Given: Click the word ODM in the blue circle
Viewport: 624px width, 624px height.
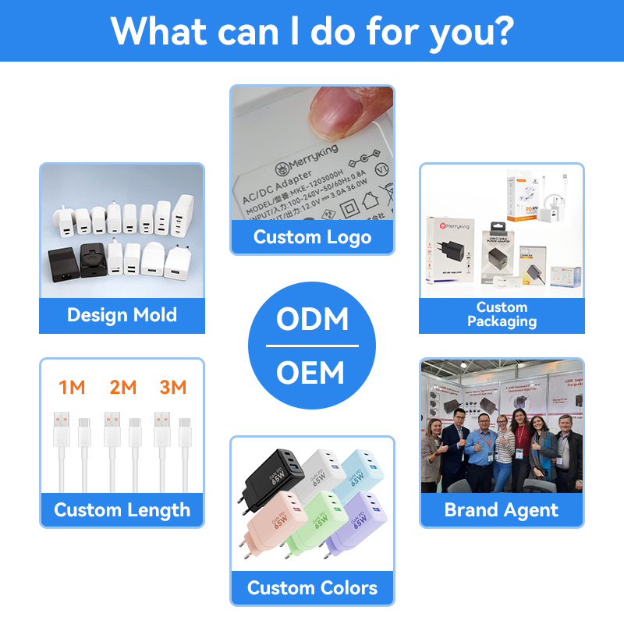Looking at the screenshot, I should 312,320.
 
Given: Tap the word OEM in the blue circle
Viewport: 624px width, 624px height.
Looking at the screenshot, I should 312,373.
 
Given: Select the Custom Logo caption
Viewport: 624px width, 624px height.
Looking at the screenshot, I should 312,237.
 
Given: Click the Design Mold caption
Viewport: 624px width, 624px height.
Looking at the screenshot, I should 122,315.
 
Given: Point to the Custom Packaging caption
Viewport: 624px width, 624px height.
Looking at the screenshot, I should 502,314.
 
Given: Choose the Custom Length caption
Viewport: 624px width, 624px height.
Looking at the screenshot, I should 122,510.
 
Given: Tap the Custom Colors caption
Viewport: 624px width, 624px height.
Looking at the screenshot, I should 312,588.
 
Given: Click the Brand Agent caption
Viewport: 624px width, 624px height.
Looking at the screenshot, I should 502,510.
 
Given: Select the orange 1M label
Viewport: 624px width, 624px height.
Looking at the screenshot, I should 72,387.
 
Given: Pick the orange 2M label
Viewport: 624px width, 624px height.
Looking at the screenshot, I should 122,387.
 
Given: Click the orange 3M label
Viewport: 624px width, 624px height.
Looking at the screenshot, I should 172,387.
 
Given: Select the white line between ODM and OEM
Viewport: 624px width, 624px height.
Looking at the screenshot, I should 312,346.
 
